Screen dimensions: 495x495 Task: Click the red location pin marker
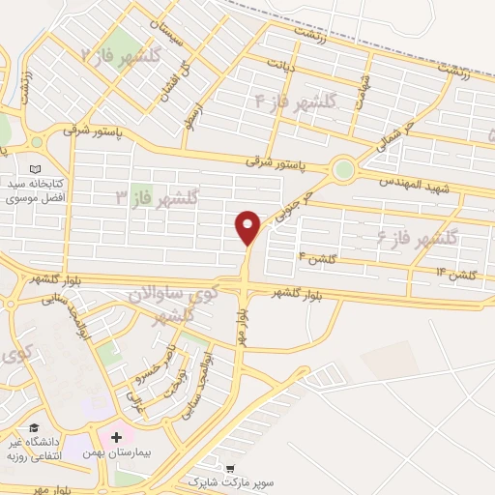[248, 226]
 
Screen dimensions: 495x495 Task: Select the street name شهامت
[362, 93]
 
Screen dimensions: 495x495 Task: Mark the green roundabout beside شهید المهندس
[343, 169]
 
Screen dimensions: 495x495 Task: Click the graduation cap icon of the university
[34, 428]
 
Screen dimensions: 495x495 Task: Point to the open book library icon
[36, 168]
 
